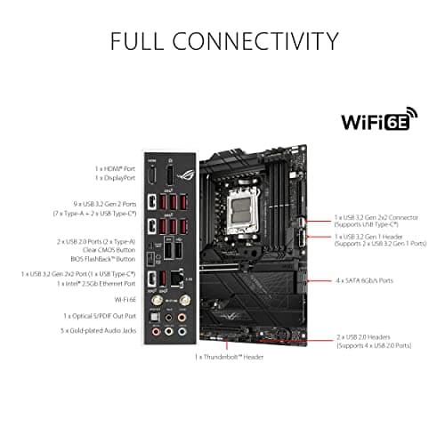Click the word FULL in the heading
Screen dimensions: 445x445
pyautogui.click(x=140, y=41)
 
